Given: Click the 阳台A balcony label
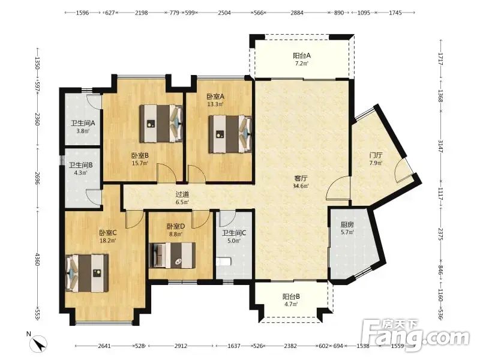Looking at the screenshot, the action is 302,56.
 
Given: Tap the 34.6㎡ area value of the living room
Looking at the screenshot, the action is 301,186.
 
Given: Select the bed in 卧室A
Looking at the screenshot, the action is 230,134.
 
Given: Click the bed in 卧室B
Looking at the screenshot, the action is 161,124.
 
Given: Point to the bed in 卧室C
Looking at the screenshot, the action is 87,273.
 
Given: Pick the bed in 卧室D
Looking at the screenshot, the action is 172,256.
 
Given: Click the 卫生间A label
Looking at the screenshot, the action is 83,124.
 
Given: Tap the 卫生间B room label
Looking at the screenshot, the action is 81,166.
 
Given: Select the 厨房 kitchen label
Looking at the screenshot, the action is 347,224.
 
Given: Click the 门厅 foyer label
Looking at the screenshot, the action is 376,155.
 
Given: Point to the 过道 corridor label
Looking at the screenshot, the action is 182,194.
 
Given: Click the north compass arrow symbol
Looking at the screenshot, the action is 40,344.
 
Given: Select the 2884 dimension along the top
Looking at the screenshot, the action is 297,13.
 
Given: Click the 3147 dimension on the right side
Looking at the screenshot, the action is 440,146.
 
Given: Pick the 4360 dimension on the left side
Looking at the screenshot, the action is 37,259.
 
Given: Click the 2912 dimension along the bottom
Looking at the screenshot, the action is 181,346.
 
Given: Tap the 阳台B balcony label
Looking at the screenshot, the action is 291,296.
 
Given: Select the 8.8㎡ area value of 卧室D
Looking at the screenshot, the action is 175,234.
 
